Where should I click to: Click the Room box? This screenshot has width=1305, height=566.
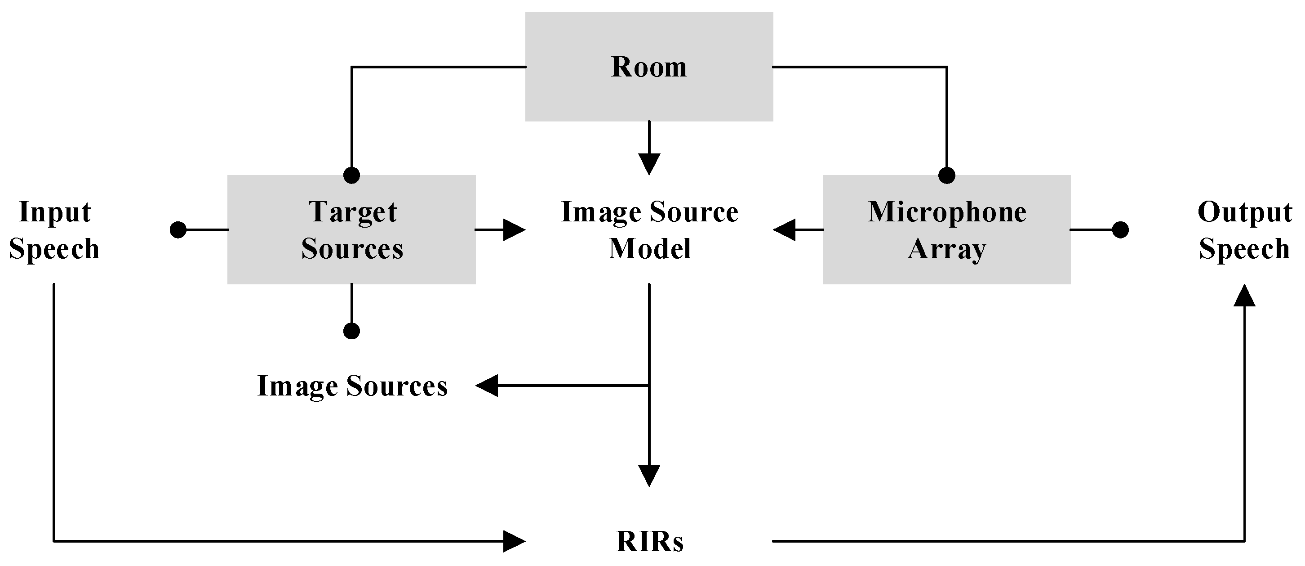tap(649, 67)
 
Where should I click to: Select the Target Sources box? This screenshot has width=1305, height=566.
tap(351, 229)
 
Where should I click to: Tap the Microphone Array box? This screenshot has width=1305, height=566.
tap(946, 229)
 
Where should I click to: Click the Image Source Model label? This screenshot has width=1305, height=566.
tap(649, 230)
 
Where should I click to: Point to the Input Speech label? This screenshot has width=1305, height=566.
tap(54, 230)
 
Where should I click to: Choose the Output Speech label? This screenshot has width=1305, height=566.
tap(1244, 230)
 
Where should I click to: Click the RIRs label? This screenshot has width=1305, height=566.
tap(649, 541)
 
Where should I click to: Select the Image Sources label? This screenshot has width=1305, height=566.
tap(353, 386)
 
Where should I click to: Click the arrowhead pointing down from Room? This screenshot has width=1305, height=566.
tap(649, 164)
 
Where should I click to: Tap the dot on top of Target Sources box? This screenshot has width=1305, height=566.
tap(351, 175)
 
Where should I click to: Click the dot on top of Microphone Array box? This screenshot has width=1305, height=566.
tap(947, 175)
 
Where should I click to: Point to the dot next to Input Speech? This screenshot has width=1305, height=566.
tap(178, 230)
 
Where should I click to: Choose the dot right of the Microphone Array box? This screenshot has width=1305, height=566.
tap(1120, 230)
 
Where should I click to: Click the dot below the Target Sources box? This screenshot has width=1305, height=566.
tap(351, 331)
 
